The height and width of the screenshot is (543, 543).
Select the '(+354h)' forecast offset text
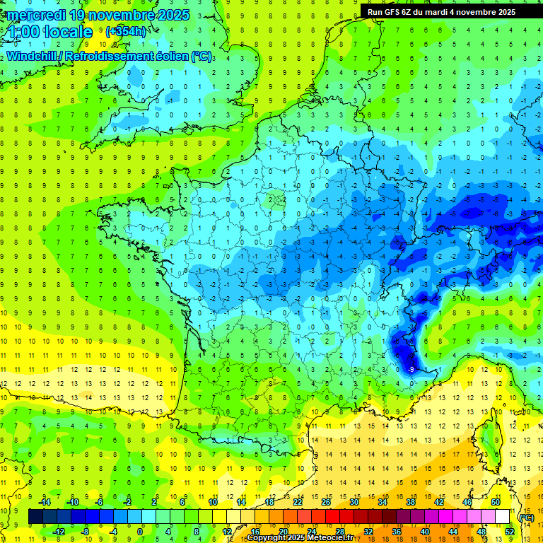[x=125, y=32]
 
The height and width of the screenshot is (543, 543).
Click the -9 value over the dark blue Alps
[x=411, y=369]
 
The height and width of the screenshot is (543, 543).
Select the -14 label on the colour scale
[x=45, y=502]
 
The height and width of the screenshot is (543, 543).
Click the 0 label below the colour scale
[x=140, y=531]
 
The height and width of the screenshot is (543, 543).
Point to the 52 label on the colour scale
[x=509, y=531]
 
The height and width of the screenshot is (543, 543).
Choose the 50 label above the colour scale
[x=495, y=502]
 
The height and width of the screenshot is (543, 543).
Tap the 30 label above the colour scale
[x=354, y=502]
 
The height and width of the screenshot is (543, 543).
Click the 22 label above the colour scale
[x=297, y=502]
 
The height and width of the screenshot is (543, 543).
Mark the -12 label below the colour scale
[x=59, y=531]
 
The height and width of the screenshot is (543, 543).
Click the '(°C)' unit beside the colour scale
[x=526, y=518]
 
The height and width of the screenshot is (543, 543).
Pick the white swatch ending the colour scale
[x=502, y=517]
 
